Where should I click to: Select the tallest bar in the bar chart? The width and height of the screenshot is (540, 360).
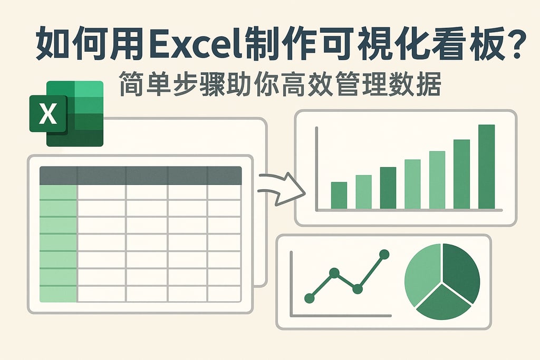tap(486, 167)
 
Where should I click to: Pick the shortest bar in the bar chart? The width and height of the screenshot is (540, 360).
tap(339, 195)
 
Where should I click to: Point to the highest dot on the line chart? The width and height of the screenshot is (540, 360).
tap(384, 255)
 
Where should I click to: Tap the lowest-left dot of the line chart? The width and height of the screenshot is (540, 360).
tap(310, 298)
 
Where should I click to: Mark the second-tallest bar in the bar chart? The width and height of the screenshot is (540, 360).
tap(461, 174)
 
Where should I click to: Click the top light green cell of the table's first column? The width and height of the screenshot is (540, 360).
tap(58, 192)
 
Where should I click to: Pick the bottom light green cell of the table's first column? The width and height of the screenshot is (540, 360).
tap(58, 294)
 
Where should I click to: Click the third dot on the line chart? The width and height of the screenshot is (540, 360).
tap(357, 288)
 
